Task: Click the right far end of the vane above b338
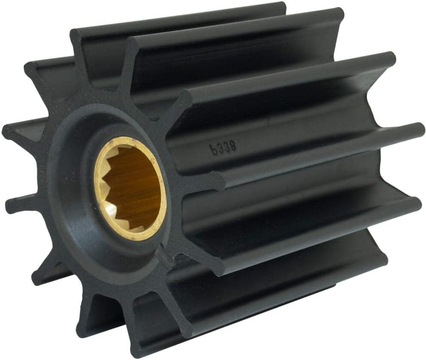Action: tap(389, 58)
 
